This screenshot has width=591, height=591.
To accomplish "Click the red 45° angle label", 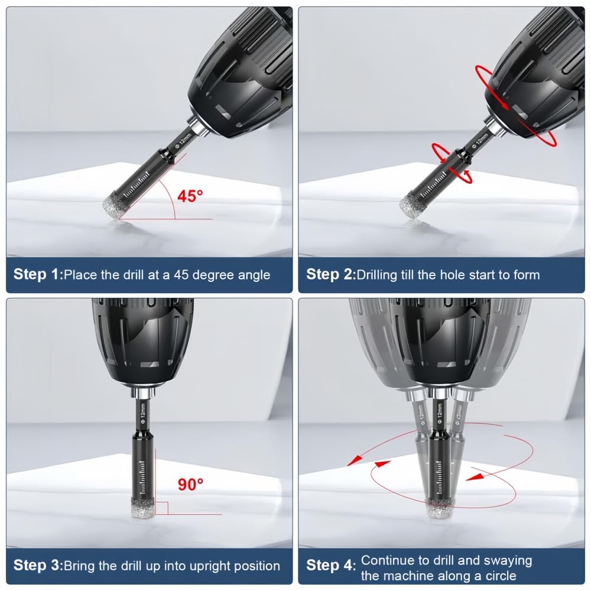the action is click(190, 196).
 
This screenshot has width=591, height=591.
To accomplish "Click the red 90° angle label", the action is click(191, 485).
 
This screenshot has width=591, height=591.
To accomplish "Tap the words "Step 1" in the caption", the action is click(36, 274).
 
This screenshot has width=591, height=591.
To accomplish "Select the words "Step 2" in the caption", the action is click(329, 274).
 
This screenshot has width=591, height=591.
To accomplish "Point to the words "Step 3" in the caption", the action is click(36, 566).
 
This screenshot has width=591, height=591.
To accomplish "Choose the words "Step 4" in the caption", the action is click(329, 566).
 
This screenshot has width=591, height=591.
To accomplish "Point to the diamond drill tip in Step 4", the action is click(440, 507).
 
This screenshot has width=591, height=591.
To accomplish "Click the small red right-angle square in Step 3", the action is click(161, 508).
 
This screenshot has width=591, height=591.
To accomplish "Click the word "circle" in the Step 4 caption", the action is click(501, 576).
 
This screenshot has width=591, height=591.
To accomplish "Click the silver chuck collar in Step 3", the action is click(143, 393).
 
